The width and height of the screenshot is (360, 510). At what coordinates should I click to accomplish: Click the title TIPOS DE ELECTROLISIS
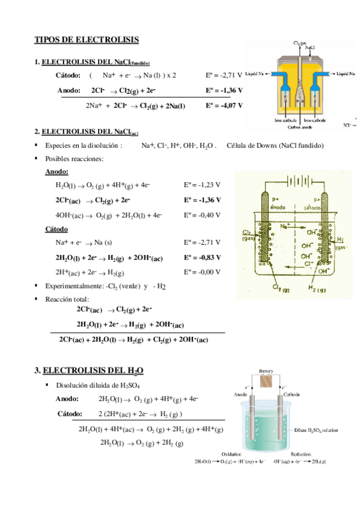point(87,40)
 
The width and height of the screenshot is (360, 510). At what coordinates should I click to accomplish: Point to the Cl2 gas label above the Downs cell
point(300,43)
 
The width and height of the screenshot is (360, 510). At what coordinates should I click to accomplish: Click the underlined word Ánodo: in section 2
point(57,172)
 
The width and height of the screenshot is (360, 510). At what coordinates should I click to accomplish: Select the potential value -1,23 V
point(202,185)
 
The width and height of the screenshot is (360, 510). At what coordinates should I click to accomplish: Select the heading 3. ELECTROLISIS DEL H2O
point(90,369)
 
